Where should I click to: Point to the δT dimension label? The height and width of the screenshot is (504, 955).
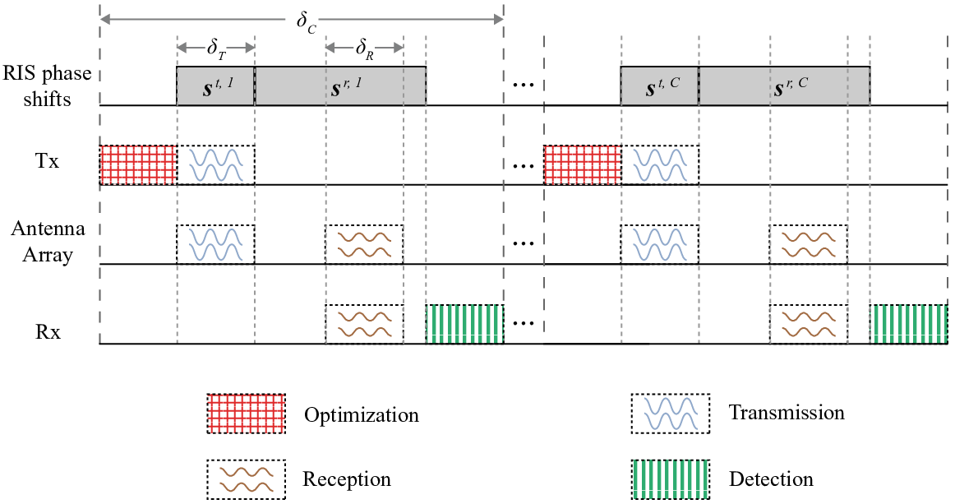216,49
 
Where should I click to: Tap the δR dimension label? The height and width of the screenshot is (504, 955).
364,49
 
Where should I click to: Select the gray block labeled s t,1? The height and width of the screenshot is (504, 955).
215,86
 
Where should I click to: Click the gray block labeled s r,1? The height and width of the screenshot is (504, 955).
340,86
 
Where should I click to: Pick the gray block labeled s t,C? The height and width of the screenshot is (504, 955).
660,86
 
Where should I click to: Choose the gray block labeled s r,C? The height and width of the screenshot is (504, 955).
784,86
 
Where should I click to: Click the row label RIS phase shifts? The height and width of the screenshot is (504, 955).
47,86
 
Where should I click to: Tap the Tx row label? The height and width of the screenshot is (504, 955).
47,161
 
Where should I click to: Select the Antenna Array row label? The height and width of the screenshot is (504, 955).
48,242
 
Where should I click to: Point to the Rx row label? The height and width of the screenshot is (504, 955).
48,333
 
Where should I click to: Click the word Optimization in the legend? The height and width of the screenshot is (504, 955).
361,415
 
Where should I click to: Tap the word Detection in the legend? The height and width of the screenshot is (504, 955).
771,479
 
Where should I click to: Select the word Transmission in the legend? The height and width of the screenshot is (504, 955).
787,413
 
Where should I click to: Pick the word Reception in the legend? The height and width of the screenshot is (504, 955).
347,479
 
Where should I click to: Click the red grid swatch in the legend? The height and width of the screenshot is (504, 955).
246,414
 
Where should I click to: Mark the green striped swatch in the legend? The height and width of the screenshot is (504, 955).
671,479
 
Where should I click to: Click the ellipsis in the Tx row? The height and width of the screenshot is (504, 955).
524,165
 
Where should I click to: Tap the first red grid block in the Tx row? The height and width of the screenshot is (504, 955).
138,164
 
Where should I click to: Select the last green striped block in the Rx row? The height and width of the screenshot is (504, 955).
909,324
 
